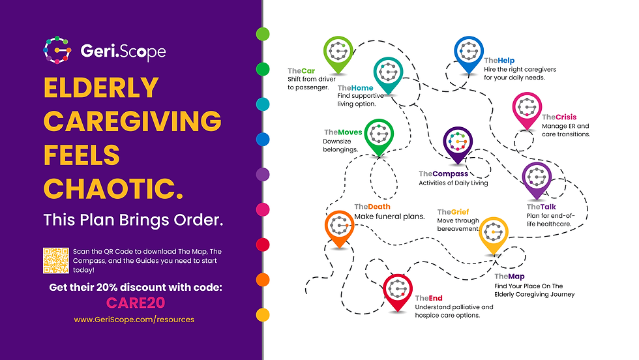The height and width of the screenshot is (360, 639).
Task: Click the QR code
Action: [55, 261]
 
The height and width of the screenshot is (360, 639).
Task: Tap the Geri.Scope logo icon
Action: [58, 50]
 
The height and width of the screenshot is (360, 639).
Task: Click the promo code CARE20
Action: [136, 303]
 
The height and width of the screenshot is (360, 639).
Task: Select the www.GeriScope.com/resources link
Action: [134, 320]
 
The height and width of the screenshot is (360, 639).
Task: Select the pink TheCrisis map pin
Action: [528, 108]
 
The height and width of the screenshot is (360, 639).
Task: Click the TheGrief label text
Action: [453, 212]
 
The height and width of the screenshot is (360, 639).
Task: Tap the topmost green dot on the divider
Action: [263, 32]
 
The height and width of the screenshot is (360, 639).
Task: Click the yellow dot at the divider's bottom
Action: [263, 315]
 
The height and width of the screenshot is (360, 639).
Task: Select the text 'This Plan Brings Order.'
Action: [133, 220]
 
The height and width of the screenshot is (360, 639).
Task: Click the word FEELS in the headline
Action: [82, 155]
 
